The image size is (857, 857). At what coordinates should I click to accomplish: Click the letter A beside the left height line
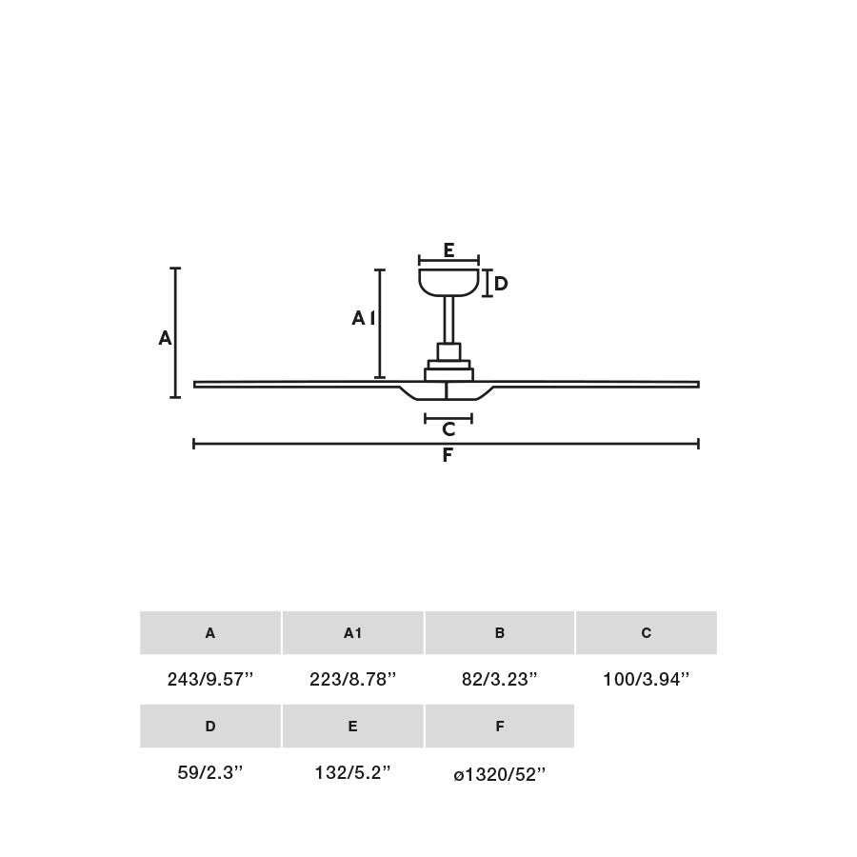click(165, 338)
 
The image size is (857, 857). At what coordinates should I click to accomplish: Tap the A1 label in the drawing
click(363, 318)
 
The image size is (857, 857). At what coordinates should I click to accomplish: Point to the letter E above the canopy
click(448, 250)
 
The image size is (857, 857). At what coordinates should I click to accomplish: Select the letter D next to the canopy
click(501, 284)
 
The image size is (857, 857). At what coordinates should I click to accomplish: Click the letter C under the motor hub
click(448, 430)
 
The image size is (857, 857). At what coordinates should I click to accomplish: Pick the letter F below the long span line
click(448, 456)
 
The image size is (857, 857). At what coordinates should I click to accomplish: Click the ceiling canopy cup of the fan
click(448, 282)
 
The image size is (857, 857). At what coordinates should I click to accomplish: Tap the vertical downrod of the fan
click(448, 319)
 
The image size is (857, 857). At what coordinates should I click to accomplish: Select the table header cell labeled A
click(210, 633)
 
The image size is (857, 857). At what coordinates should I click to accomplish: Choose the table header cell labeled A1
click(352, 633)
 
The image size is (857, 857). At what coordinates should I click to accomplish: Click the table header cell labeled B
click(499, 633)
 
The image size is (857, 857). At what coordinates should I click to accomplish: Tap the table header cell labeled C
click(646, 633)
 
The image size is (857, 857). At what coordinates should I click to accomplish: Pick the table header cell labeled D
click(210, 727)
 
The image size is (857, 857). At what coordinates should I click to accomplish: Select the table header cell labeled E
click(352, 727)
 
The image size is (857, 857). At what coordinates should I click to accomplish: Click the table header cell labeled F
click(499, 727)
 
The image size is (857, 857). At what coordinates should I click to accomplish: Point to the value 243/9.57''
click(210, 680)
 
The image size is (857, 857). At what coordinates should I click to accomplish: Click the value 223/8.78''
click(352, 680)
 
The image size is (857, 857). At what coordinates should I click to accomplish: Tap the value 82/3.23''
click(499, 680)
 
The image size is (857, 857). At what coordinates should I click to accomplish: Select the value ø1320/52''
click(499, 774)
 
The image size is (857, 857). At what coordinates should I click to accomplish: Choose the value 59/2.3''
click(210, 773)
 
